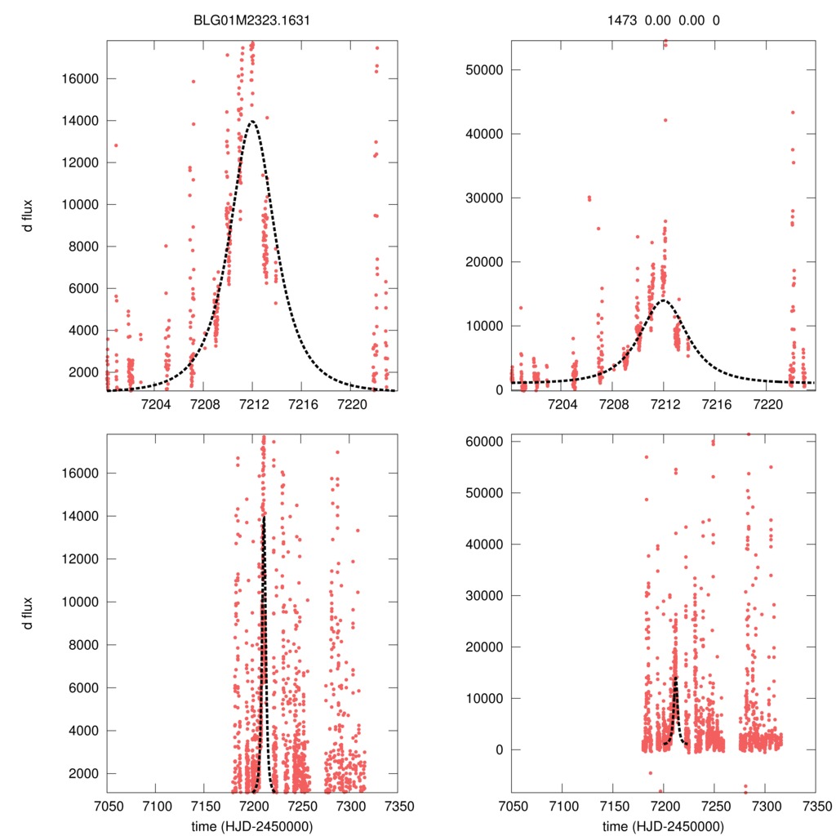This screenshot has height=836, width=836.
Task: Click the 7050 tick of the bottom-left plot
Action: (107, 805)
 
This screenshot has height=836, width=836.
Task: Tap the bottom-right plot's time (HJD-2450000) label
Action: (664, 825)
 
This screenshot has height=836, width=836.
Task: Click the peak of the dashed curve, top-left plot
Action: (252, 121)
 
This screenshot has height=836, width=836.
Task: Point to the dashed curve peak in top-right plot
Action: (664, 300)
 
